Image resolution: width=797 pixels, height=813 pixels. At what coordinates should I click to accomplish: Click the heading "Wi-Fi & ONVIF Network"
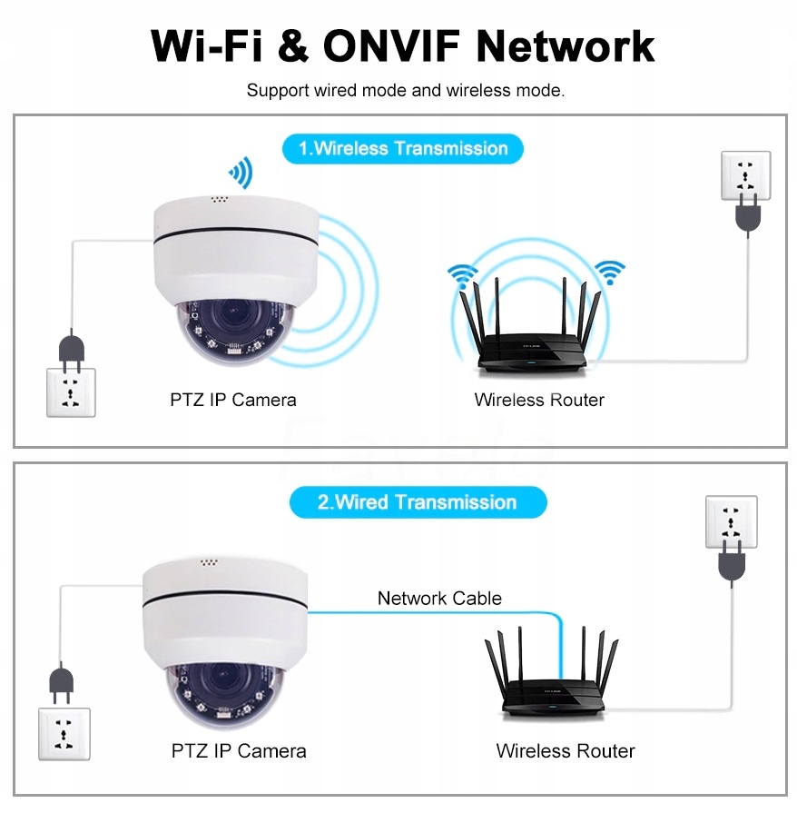click(x=402, y=45)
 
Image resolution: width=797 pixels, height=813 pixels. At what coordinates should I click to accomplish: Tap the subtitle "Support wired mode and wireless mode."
click(x=406, y=91)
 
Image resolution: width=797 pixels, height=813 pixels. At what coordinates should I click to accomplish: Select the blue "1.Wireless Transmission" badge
click(x=403, y=148)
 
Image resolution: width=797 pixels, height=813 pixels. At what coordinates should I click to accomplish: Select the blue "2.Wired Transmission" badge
click(x=418, y=502)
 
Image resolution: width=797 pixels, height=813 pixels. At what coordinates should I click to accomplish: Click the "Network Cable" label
click(x=439, y=598)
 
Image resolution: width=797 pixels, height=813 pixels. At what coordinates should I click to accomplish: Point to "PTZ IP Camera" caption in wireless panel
click(x=233, y=400)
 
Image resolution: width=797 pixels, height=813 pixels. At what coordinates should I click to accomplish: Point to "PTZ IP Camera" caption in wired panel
click(x=239, y=751)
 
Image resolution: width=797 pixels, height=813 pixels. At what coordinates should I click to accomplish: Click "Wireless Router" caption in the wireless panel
click(x=539, y=400)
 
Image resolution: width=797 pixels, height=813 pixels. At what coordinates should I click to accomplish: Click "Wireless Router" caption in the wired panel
click(x=566, y=751)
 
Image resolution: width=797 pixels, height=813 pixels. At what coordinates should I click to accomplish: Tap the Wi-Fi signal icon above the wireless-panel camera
click(x=241, y=172)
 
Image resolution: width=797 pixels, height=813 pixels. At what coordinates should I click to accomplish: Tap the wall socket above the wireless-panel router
click(x=745, y=174)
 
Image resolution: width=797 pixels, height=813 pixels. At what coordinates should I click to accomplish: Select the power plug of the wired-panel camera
click(x=61, y=683)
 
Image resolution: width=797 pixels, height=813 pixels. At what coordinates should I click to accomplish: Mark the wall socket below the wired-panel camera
click(x=64, y=734)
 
